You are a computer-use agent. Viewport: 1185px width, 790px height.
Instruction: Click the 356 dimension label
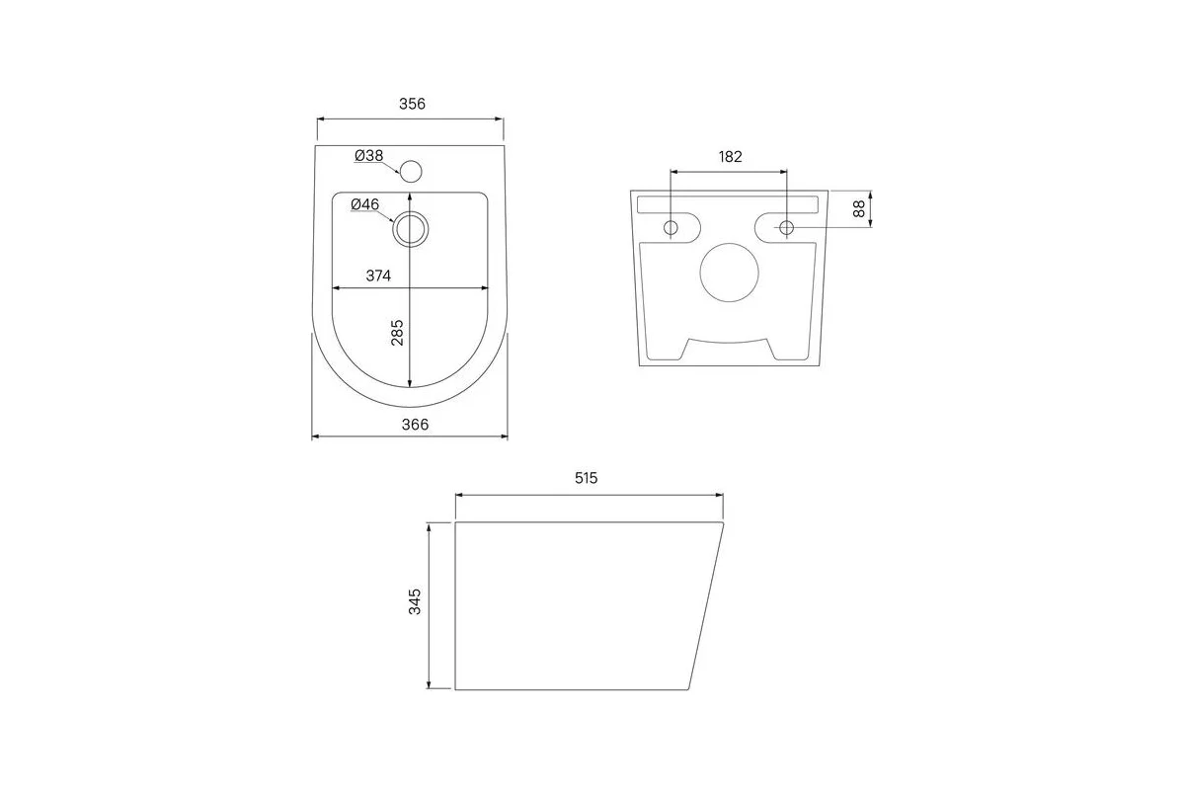(x=412, y=104)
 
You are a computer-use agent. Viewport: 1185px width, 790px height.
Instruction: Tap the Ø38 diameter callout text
(x=368, y=156)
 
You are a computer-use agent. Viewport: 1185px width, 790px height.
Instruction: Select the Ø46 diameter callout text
(x=365, y=204)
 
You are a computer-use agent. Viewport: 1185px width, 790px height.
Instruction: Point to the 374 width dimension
(x=378, y=276)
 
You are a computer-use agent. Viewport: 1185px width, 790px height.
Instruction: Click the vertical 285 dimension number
(x=397, y=333)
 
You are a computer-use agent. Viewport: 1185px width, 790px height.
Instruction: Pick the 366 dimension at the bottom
(x=415, y=425)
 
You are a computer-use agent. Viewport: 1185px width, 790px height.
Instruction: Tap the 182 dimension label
(x=730, y=157)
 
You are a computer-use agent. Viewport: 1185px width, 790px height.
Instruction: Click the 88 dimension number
(x=859, y=208)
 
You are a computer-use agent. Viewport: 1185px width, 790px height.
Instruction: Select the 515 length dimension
(x=587, y=478)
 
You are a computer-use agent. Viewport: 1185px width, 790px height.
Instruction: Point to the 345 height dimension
(x=415, y=601)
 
